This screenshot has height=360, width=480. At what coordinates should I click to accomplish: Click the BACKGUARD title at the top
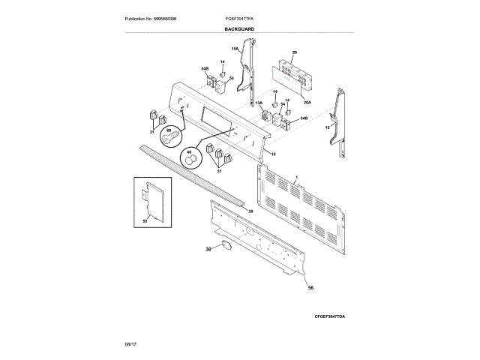[x=239, y=28]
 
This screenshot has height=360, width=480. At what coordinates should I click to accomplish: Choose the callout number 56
[x=310, y=287]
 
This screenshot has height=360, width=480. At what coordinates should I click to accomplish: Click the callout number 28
[x=250, y=212]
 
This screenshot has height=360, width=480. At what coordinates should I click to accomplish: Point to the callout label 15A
[x=234, y=49]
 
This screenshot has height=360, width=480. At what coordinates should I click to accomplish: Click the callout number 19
[x=274, y=154]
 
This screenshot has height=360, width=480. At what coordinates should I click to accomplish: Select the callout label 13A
[x=259, y=103]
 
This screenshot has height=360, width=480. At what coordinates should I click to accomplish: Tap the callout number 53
[x=145, y=223]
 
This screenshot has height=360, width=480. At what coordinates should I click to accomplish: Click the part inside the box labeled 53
[x=155, y=197]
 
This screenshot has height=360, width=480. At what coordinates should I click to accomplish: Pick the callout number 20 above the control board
[x=295, y=52]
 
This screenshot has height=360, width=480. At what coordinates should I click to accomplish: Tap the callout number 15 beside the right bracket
[x=326, y=128]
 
